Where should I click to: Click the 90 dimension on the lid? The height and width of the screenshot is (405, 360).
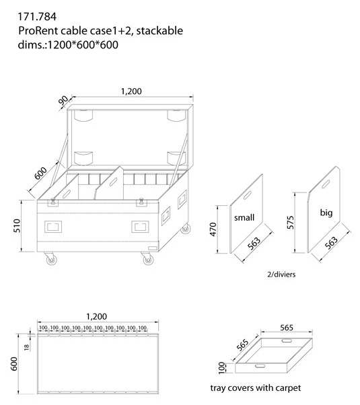coord(63,102)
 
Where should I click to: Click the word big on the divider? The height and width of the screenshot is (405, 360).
coord(326,212)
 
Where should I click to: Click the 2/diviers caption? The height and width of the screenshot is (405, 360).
coord(281,274)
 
